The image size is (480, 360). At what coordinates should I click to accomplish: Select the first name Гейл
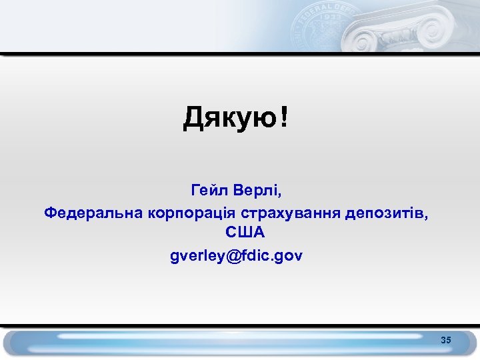click(210, 191)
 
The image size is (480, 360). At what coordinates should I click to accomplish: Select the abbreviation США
click(245, 233)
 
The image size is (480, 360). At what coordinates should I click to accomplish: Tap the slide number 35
click(446, 341)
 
